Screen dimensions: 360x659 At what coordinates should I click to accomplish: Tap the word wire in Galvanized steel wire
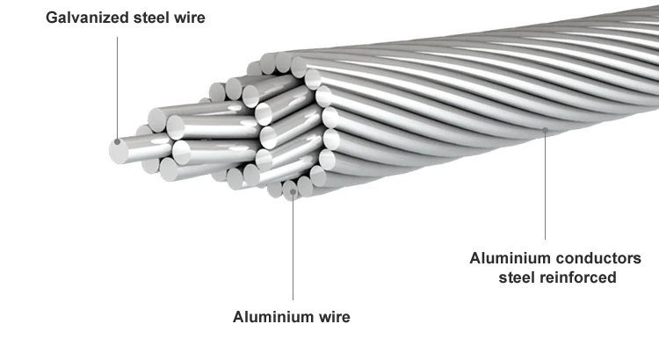coord(192,18)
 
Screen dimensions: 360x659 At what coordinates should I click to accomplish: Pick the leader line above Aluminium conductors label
coord(546,184)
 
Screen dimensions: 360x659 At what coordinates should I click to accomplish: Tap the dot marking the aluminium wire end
coord(292,186)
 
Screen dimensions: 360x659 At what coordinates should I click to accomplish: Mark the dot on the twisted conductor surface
coord(546,129)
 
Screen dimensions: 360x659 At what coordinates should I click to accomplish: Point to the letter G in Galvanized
coord(53,18)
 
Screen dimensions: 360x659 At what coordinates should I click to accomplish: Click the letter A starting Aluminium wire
coord(238,317)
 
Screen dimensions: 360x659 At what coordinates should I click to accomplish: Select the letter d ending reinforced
coord(612,278)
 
